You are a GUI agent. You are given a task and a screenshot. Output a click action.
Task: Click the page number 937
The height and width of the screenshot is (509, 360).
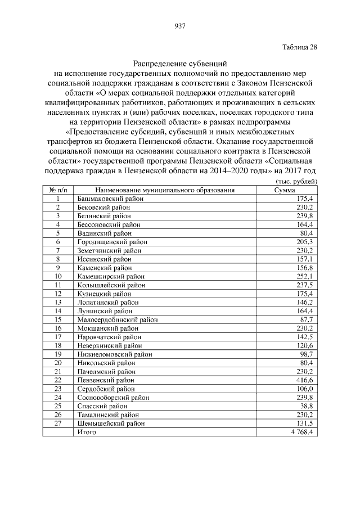(180, 25)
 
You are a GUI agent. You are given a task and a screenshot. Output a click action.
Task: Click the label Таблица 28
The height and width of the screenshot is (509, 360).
(300, 47)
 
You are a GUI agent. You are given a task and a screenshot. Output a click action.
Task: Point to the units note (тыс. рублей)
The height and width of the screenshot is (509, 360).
(297, 181)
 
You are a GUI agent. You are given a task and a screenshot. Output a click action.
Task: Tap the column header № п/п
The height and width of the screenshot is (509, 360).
(58, 190)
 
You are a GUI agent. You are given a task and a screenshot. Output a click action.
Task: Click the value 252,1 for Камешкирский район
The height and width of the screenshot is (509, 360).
(304, 276)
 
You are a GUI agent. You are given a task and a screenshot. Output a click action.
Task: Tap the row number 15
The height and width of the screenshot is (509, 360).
(58, 319)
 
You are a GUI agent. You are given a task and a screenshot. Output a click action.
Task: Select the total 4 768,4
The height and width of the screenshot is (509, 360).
(301, 432)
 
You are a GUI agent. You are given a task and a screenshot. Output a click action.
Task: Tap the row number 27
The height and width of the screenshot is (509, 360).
(58, 424)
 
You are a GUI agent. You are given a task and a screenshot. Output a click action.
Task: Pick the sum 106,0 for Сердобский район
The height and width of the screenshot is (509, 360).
(304, 389)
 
